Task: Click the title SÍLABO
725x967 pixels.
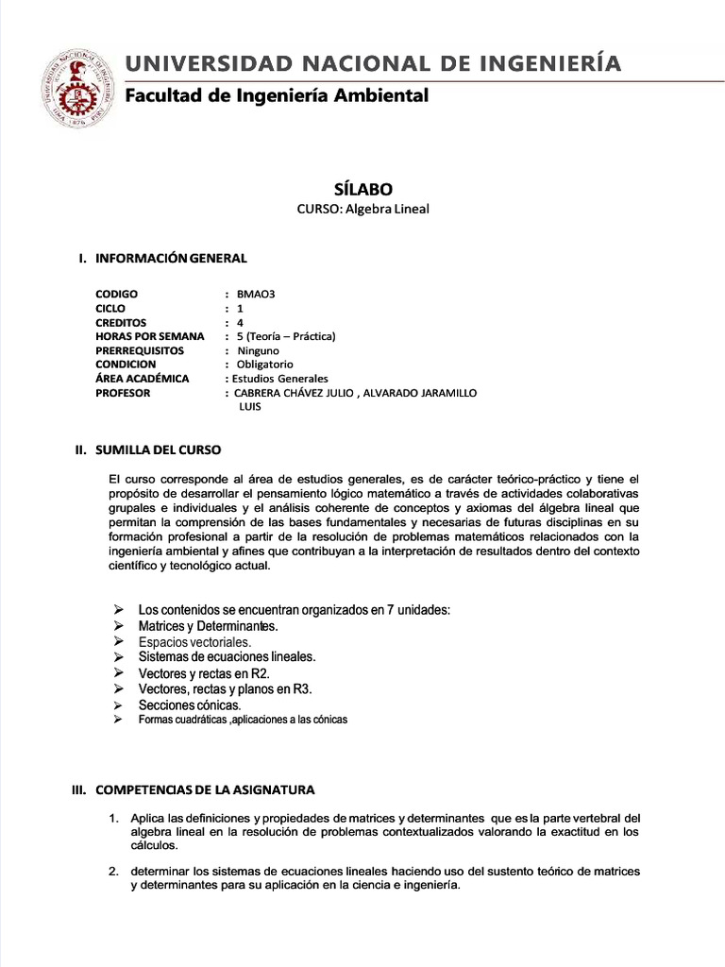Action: pyautogui.click(x=362, y=189)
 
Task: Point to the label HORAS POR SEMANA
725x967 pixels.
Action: pyautogui.click(x=143, y=336)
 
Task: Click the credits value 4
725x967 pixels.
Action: pyautogui.click(x=240, y=322)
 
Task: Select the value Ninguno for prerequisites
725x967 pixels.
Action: pyautogui.click(x=258, y=350)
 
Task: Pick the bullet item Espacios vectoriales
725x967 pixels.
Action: pyautogui.click(x=194, y=641)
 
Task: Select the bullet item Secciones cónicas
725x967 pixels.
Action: pyautogui.click(x=189, y=704)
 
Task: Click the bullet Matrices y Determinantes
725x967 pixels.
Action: pyautogui.click(x=209, y=625)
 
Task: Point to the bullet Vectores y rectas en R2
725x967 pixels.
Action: pyautogui.click(x=204, y=673)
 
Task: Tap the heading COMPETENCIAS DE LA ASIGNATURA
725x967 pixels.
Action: pyautogui.click(x=206, y=789)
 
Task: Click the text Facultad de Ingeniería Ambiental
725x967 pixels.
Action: pyautogui.click(x=277, y=95)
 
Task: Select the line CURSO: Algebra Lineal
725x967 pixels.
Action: pyautogui.click(x=362, y=209)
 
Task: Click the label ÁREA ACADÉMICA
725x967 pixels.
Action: pyautogui.click(x=143, y=379)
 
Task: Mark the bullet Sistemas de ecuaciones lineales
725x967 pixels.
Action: pyautogui.click(x=227, y=656)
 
